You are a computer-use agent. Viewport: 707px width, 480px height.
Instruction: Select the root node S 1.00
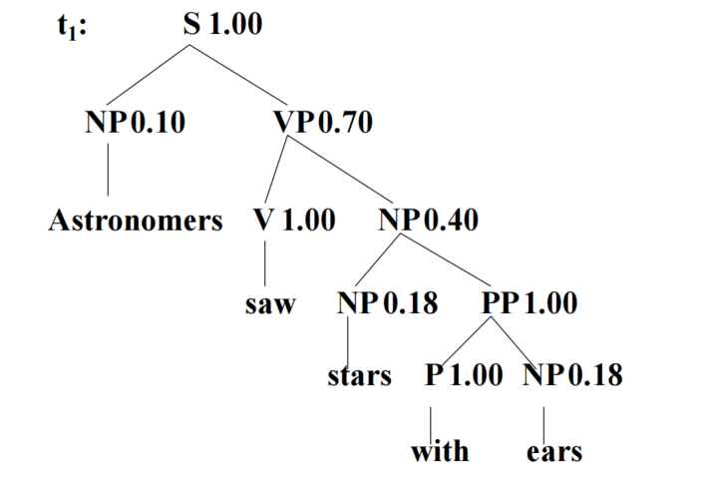(222, 25)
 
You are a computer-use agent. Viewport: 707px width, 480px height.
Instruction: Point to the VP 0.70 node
(323, 123)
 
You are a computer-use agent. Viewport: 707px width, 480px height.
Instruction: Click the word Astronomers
(136, 221)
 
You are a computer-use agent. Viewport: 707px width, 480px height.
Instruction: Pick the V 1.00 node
(294, 221)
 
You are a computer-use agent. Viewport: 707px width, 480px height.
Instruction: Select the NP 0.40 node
(429, 221)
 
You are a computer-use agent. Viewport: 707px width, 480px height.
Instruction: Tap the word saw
(270, 304)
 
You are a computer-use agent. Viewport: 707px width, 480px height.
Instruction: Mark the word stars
(359, 377)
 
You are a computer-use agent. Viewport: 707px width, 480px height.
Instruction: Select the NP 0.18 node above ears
(571, 377)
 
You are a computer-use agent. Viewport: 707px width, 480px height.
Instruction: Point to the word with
(440, 451)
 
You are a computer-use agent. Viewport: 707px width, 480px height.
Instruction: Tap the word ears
(554, 451)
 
